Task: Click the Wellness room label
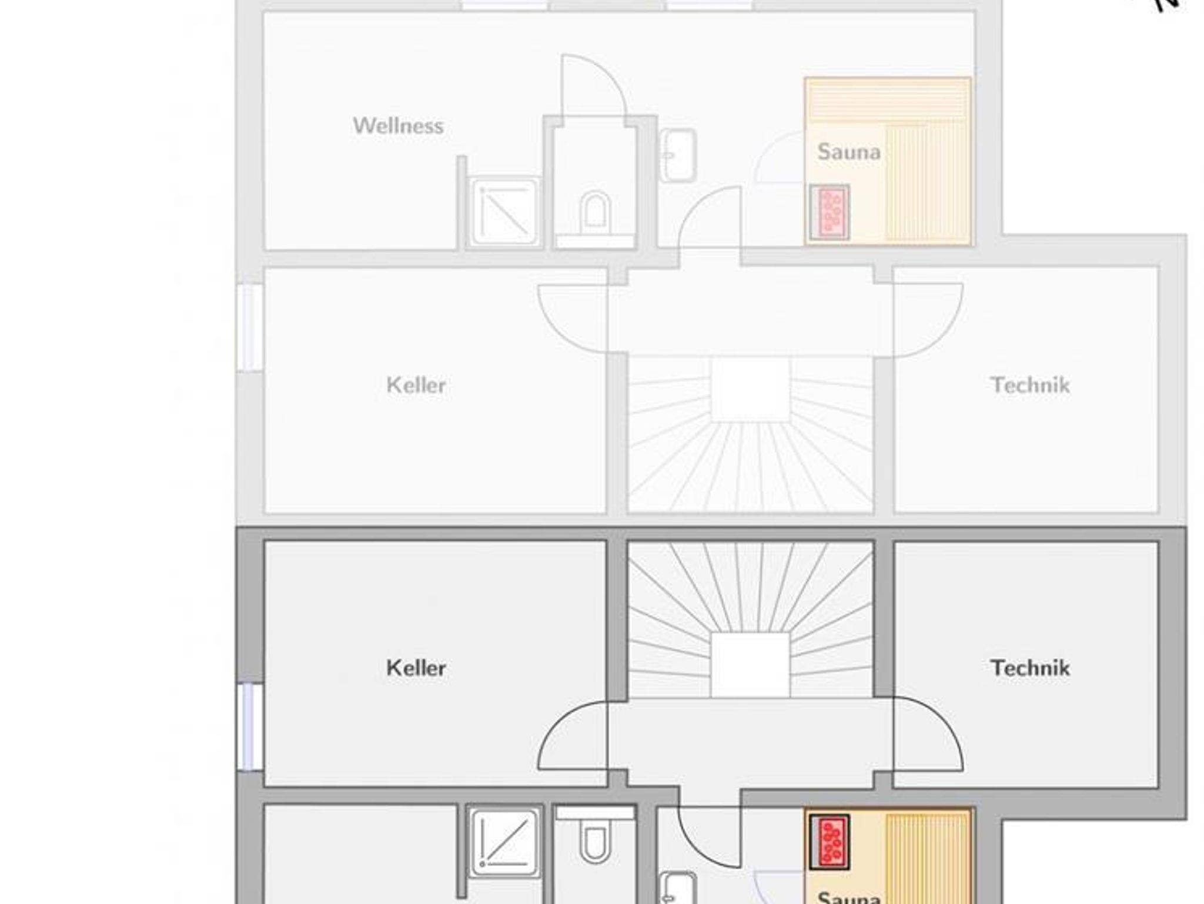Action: (398, 126)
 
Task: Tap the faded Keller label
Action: (416, 385)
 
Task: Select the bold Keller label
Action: (416, 668)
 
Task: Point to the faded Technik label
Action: (1030, 385)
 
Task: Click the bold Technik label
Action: (1030, 668)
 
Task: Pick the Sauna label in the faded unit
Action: (849, 152)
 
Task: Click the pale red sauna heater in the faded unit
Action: (830, 212)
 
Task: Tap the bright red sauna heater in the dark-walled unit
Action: (830, 842)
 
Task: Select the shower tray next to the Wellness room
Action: (504, 212)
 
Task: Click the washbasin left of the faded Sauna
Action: (678, 156)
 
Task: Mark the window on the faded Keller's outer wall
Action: (250, 328)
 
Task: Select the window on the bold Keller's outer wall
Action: (250, 727)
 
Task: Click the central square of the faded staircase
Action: (750, 389)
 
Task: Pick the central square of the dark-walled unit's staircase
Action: (750, 665)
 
